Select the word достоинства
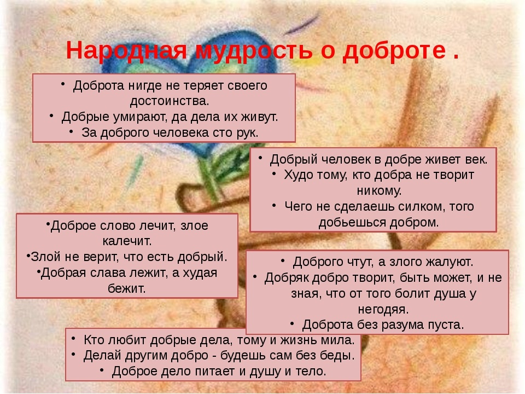click(170, 101)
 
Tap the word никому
click(379, 190)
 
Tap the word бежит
click(127, 288)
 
